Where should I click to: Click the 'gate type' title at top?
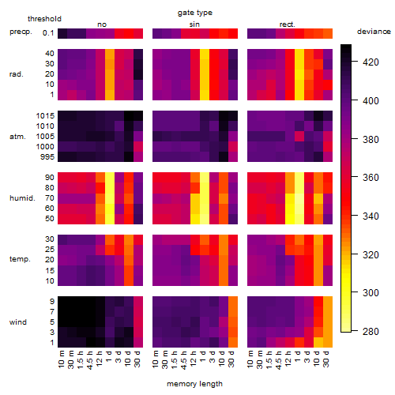click(x=195, y=13)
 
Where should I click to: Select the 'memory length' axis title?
click(x=194, y=384)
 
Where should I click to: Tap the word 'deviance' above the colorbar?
click(x=374, y=32)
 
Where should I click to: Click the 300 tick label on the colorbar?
click(x=371, y=293)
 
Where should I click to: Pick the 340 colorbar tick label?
click(x=371, y=216)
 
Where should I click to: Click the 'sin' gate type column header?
click(x=194, y=24)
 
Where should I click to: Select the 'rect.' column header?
click(x=288, y=24)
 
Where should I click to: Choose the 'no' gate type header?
click(x=102, y=24)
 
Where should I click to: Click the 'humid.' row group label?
click(x=22, y=198)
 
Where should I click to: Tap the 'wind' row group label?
click(x=18, y=322)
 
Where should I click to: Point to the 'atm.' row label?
click(x=17, y=137)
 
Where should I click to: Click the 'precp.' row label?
click(x=21, y=32)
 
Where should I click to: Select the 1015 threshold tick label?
click(x=45, y=116)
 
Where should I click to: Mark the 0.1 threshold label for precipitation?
click(x=48, y=33)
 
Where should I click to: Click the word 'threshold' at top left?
click(x=44, y=19)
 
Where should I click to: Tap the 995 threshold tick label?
click(x=47, y=157)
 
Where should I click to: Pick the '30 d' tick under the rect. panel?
click(x=326, y=359)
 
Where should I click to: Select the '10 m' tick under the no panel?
click(x=61, y=359)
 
